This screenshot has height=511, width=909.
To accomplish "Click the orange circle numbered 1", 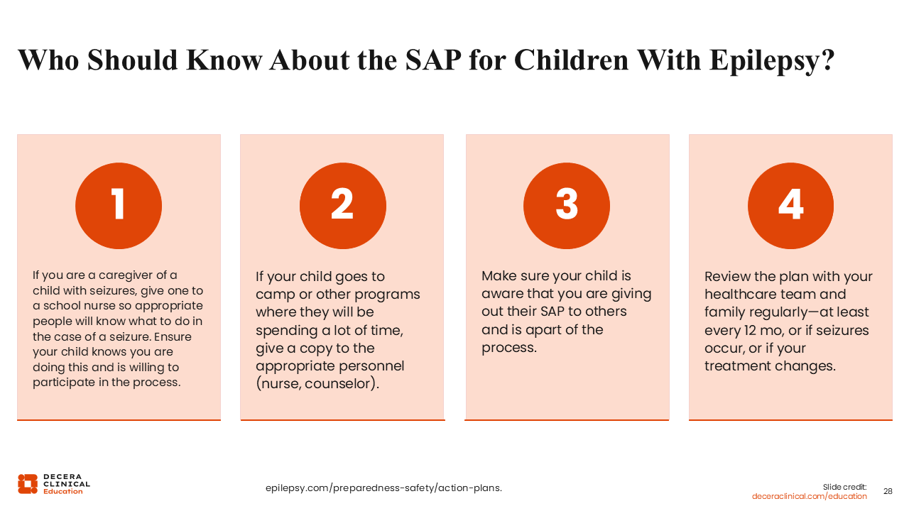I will (119, 206).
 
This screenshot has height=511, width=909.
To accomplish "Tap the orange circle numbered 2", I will (342, 206).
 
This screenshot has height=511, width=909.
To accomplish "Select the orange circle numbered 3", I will (567, 206).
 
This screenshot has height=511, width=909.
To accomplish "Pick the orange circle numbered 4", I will (790, 206).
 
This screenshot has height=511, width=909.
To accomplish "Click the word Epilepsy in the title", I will (771, 61).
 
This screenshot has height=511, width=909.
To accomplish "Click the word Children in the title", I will (571, 61).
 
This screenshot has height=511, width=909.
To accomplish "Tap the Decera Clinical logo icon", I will (28, 483).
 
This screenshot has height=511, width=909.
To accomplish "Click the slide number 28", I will (888, 491).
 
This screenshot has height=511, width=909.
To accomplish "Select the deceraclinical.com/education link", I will (810, 496).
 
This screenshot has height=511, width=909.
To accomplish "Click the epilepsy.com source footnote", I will (383, 488).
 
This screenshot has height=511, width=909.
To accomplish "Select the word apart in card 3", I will (543, 329).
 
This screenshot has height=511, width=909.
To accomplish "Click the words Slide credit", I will (845, 486).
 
